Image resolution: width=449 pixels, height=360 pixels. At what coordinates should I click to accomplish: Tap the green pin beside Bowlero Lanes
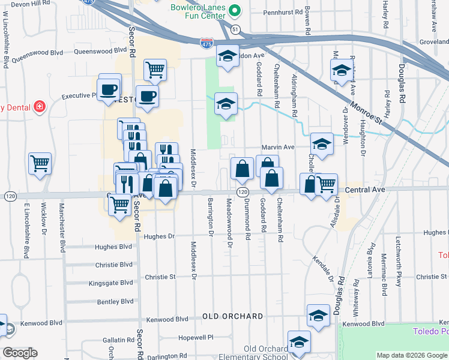pos(235,10)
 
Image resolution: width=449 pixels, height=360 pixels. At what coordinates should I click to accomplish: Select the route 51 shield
pos(236,29)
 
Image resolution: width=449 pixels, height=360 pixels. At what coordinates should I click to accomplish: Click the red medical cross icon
pos(40,107)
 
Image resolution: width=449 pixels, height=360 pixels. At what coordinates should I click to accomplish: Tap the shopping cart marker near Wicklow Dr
pos(40,163)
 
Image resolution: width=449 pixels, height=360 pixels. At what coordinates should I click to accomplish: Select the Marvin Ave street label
pos(277,147)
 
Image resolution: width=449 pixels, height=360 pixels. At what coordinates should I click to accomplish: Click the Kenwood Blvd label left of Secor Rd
pos(41,322)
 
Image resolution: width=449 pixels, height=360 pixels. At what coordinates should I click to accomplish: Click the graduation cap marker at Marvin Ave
pos(322,144)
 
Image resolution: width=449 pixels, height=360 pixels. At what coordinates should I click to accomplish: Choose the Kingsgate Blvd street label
pos(110,283)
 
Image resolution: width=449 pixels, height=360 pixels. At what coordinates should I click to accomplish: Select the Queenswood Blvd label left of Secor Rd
pos(40,52)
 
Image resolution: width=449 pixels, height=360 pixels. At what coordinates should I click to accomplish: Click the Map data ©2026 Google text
pos(411,355)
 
